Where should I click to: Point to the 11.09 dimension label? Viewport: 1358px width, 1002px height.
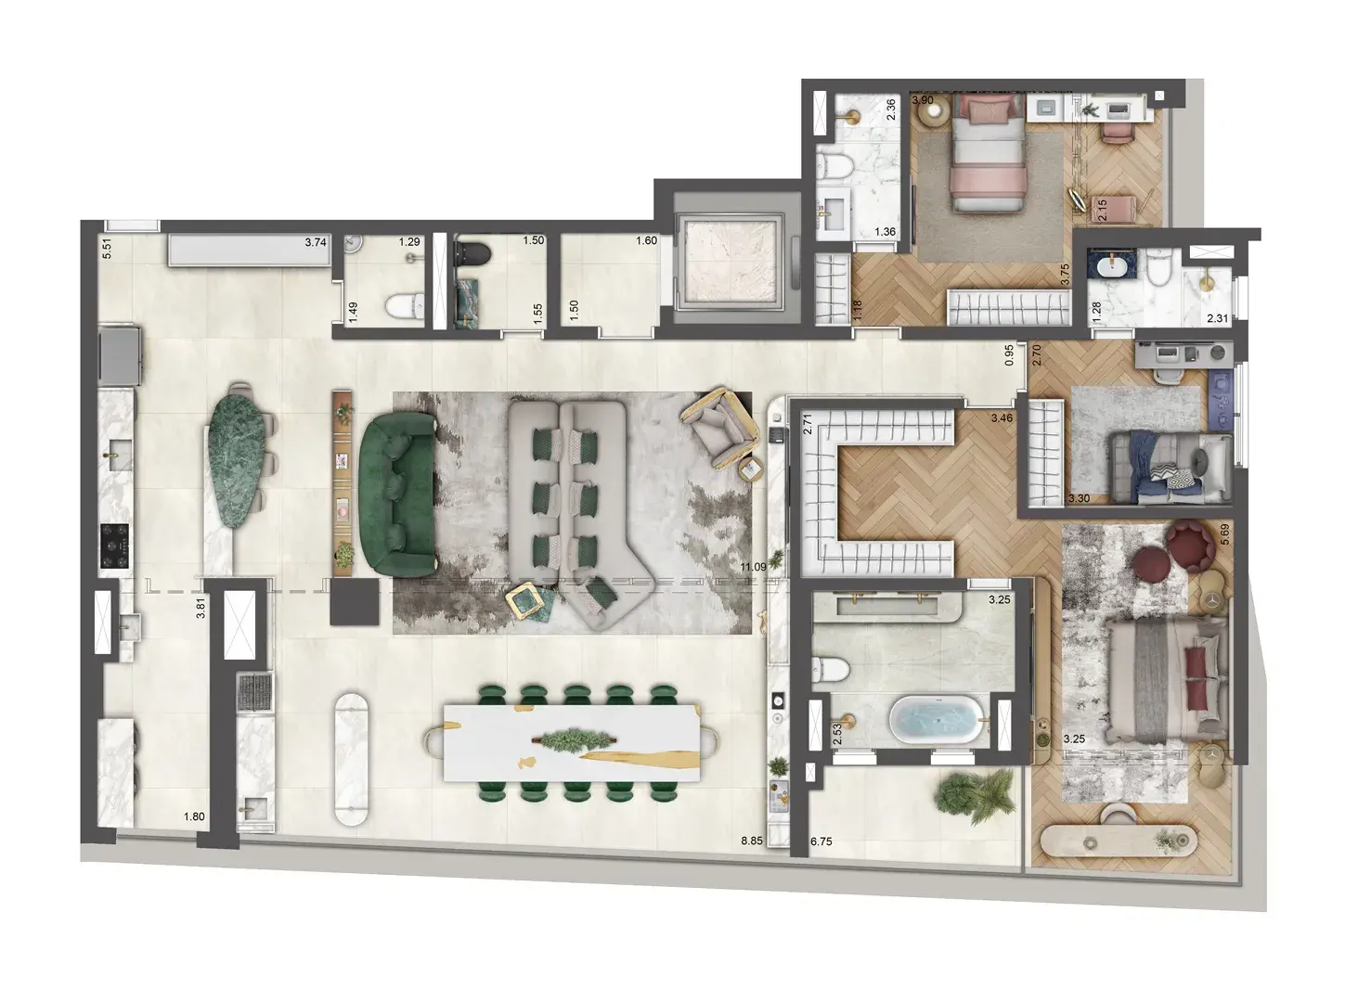pyautogui.click(x=753, y=567)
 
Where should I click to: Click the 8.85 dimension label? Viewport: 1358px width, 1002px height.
pyautogui.click(x=753, y=841)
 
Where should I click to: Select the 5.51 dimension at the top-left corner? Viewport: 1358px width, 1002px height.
pyautogui.click(x=107, y=249)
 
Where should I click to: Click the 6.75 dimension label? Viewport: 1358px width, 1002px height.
pyautogui.click(x=821, y=841)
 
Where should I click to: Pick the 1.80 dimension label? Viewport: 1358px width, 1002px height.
pyautogui.click(x=194, y=817)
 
